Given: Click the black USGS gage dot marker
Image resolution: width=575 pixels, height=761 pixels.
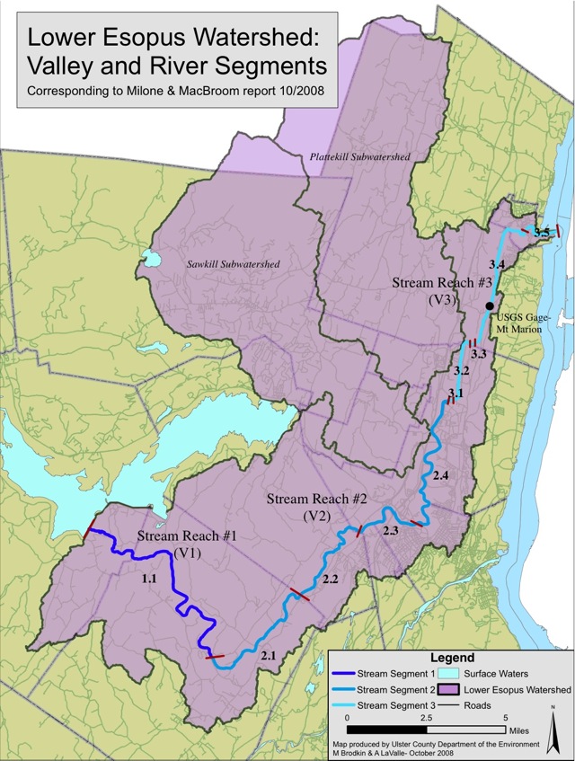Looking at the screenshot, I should pos(490,306).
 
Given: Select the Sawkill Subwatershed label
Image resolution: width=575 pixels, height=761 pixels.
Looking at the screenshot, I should pos(234,264).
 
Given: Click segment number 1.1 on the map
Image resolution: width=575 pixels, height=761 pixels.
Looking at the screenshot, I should pos(149,580).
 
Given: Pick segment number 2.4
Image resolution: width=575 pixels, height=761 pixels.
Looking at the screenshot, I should pos(440,474).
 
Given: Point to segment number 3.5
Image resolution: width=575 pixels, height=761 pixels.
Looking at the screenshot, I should pos(541,234).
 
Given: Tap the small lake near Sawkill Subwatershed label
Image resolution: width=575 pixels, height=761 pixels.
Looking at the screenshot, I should pos(150,262).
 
